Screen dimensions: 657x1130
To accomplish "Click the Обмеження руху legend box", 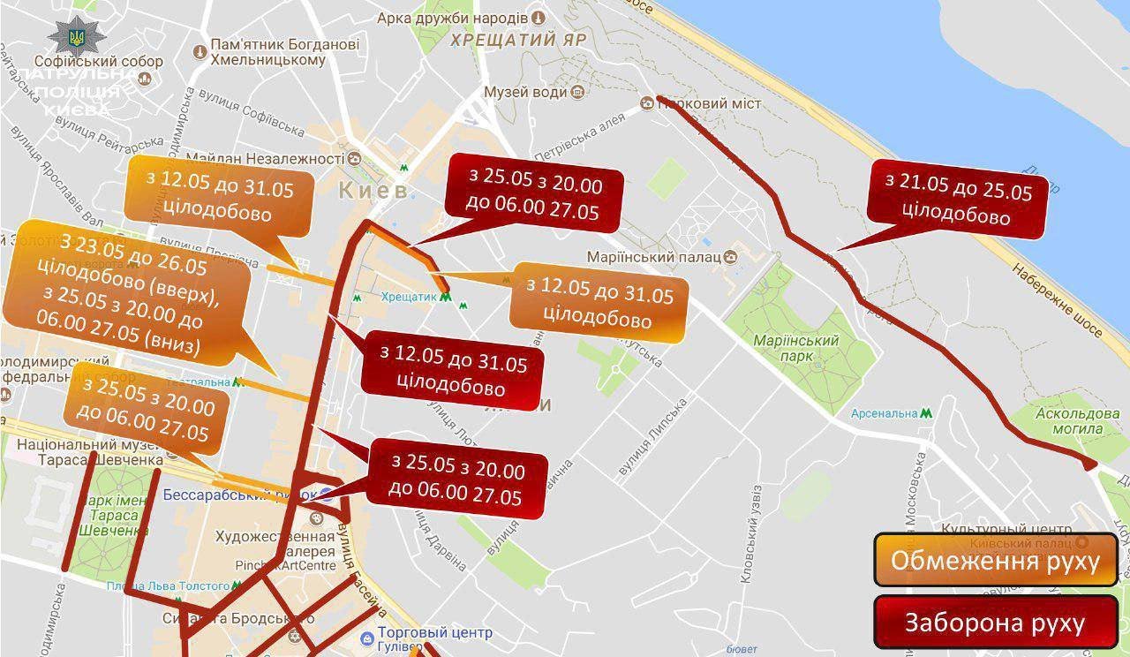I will click(x=995, y=560).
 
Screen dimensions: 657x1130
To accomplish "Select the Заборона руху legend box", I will click(x=995, y=622).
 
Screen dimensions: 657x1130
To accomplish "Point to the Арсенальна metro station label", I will click(x=885, y=413).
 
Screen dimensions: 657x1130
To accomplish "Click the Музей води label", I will click(x=525, y=92).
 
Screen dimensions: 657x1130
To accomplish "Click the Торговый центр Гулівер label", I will click(x=433, y=639).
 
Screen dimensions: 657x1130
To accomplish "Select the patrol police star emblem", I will click(x=77, y=36).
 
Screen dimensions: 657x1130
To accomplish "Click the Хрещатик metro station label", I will click(x=410, y=298).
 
